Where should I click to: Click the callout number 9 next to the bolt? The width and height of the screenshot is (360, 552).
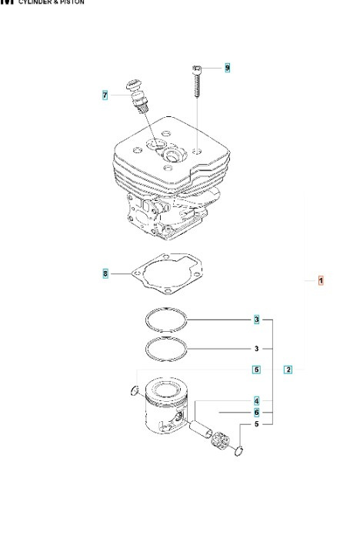click(227, 69)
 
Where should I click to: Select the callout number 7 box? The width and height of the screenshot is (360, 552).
click(105, 95)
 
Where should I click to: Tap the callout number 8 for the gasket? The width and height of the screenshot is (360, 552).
click(105, 273)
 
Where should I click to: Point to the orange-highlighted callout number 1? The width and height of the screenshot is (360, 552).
click(321, 281)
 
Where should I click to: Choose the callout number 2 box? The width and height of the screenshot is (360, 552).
click(288, 369)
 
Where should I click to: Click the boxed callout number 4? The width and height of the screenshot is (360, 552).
click(256, 401)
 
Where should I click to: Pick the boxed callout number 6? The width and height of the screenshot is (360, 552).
click(256, 413)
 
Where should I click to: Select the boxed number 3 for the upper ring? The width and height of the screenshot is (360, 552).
click(256, 319)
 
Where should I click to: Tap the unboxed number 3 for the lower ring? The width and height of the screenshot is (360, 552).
click(256, 347)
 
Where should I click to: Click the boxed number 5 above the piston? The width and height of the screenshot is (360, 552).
click(256, 370)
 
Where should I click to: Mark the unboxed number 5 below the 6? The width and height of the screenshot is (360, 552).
click(256, 424)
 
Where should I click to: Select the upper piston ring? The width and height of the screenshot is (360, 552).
click(168, 319)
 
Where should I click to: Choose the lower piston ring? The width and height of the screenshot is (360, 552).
click(168, 347)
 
